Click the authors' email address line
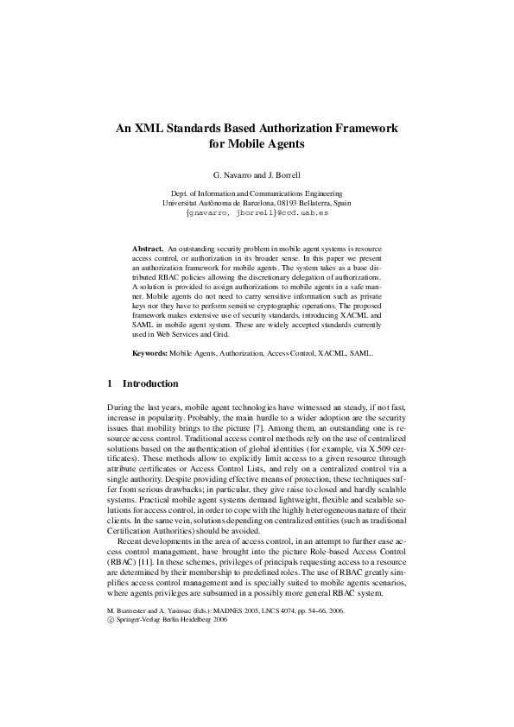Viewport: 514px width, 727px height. (257, 212)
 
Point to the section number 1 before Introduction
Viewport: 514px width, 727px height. (110, 383)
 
